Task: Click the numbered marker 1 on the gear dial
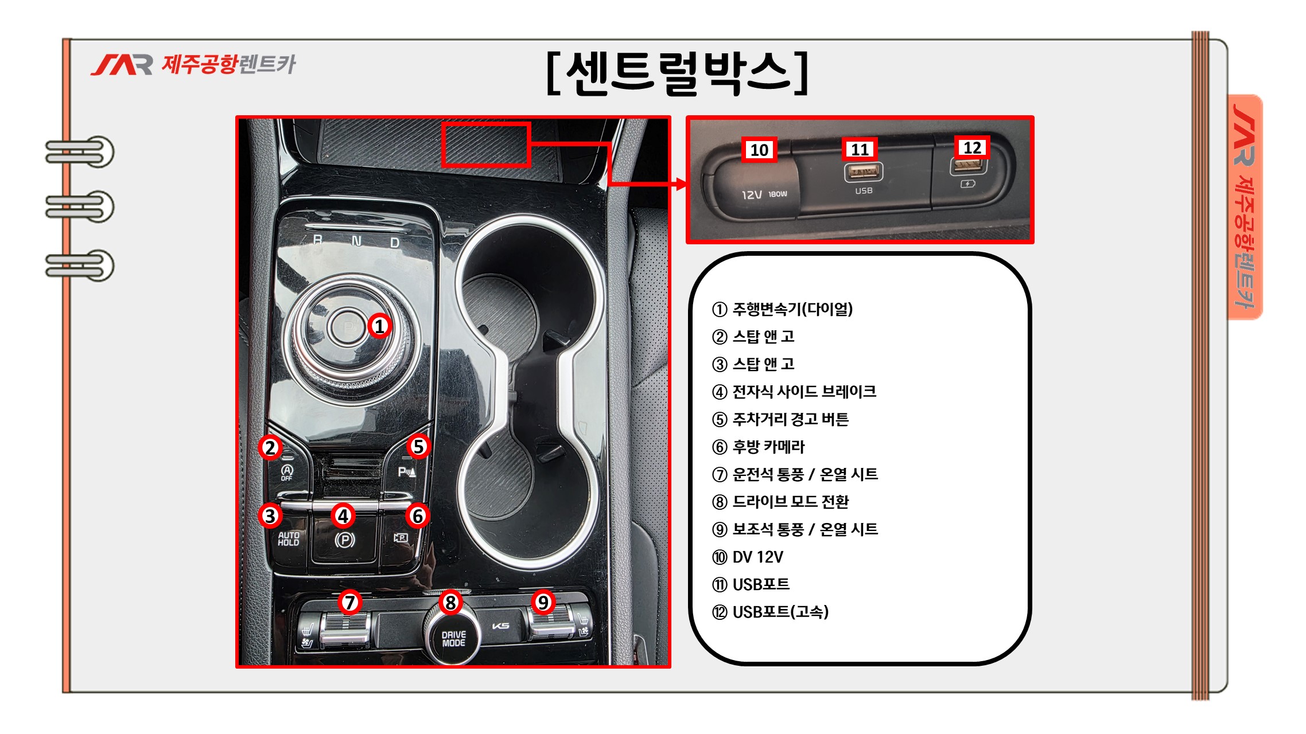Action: click(379, 326)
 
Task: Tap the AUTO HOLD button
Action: click(289, 538)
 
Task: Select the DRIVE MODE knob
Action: click(452, 634)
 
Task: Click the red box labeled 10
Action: click(759, 150)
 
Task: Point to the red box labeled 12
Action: click(972, 147)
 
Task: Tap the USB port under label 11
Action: click(864, 171)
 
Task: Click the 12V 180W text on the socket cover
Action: click(764, 194)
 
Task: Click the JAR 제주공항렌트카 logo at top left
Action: click(193, 64)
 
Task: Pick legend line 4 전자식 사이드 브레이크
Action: click(794, 392)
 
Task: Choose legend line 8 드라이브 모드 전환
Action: click(780, 502)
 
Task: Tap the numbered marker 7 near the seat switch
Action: click(349, 602)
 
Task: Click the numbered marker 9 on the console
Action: click(543, 602)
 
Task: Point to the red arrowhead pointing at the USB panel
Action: click(682, 184)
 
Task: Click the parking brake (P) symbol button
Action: click(344, 540)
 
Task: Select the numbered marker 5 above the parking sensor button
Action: click(418, 446)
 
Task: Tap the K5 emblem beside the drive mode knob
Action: click(501, 626)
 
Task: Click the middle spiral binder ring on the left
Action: click(80, 206)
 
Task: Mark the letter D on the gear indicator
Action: click(395, 243)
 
